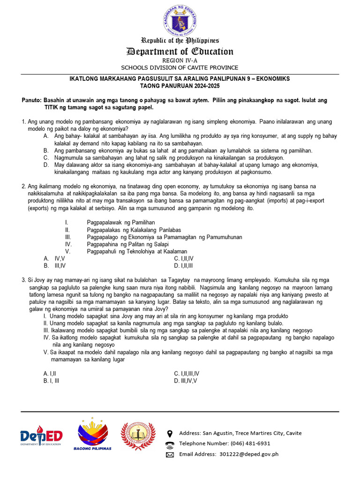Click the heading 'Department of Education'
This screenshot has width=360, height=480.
point(180,52)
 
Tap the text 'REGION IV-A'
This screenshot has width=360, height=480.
point(180,60)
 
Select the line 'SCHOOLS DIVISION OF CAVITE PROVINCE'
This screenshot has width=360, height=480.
point(180,67)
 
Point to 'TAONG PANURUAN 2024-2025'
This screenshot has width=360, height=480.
point(180,86)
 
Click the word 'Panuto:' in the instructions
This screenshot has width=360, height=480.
point(31,100)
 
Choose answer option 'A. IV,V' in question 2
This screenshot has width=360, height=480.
point(54,258)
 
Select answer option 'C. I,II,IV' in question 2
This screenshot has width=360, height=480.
point(184,258)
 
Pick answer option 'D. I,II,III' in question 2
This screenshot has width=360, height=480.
point(183,265)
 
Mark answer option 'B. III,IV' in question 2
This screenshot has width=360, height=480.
point(54,265)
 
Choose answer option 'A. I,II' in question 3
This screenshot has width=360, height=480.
point(50,374)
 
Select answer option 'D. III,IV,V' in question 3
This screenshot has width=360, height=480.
point(186,381)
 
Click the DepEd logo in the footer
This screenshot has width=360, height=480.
point(41,436)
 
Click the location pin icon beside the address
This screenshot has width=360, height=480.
point(170,434)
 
